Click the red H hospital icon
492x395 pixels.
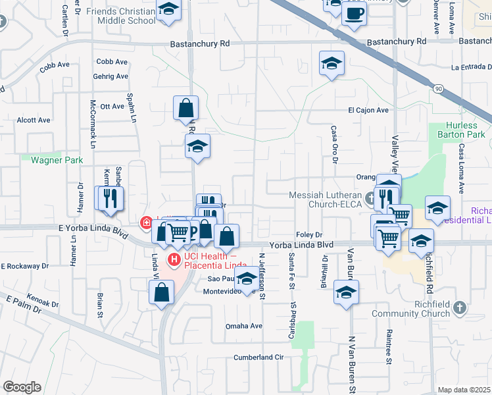[x=174, y=259]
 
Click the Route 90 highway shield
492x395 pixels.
[x=439, y=88]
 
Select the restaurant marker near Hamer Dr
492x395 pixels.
[x=110, y=198]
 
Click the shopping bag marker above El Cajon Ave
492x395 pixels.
[x=186, y=108]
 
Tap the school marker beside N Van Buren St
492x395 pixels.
[x=346, y=292]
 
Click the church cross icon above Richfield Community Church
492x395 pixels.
[x=460, y=307]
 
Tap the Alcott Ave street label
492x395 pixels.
[x=34, y=120]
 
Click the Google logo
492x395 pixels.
[x=22, y=387]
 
